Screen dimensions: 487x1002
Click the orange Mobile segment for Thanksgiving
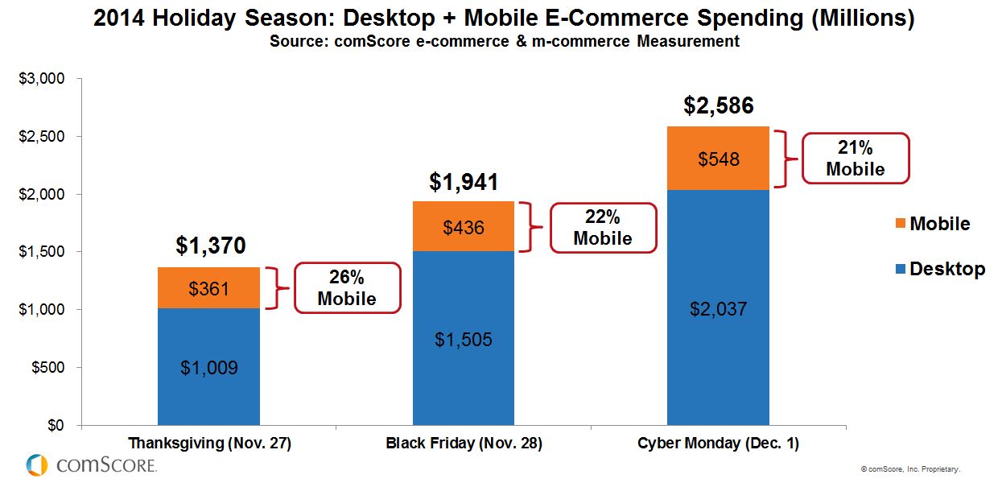[208, 287]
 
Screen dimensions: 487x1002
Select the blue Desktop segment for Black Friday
[464, 338]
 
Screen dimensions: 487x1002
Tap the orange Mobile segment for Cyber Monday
[718, 159]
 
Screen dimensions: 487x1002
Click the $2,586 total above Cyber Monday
[719, 106]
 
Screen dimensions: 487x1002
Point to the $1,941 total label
[464, 182]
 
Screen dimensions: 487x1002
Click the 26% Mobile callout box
[346, 288]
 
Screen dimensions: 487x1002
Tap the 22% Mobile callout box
[602, 228]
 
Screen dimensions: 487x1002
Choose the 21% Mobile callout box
[855, 159]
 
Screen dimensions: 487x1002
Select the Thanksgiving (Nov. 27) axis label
[208, 444]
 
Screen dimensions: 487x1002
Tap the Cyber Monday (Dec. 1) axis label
[718, 444]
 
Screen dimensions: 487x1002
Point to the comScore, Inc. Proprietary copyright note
[910, 468]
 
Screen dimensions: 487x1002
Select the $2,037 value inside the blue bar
[718, 309]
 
